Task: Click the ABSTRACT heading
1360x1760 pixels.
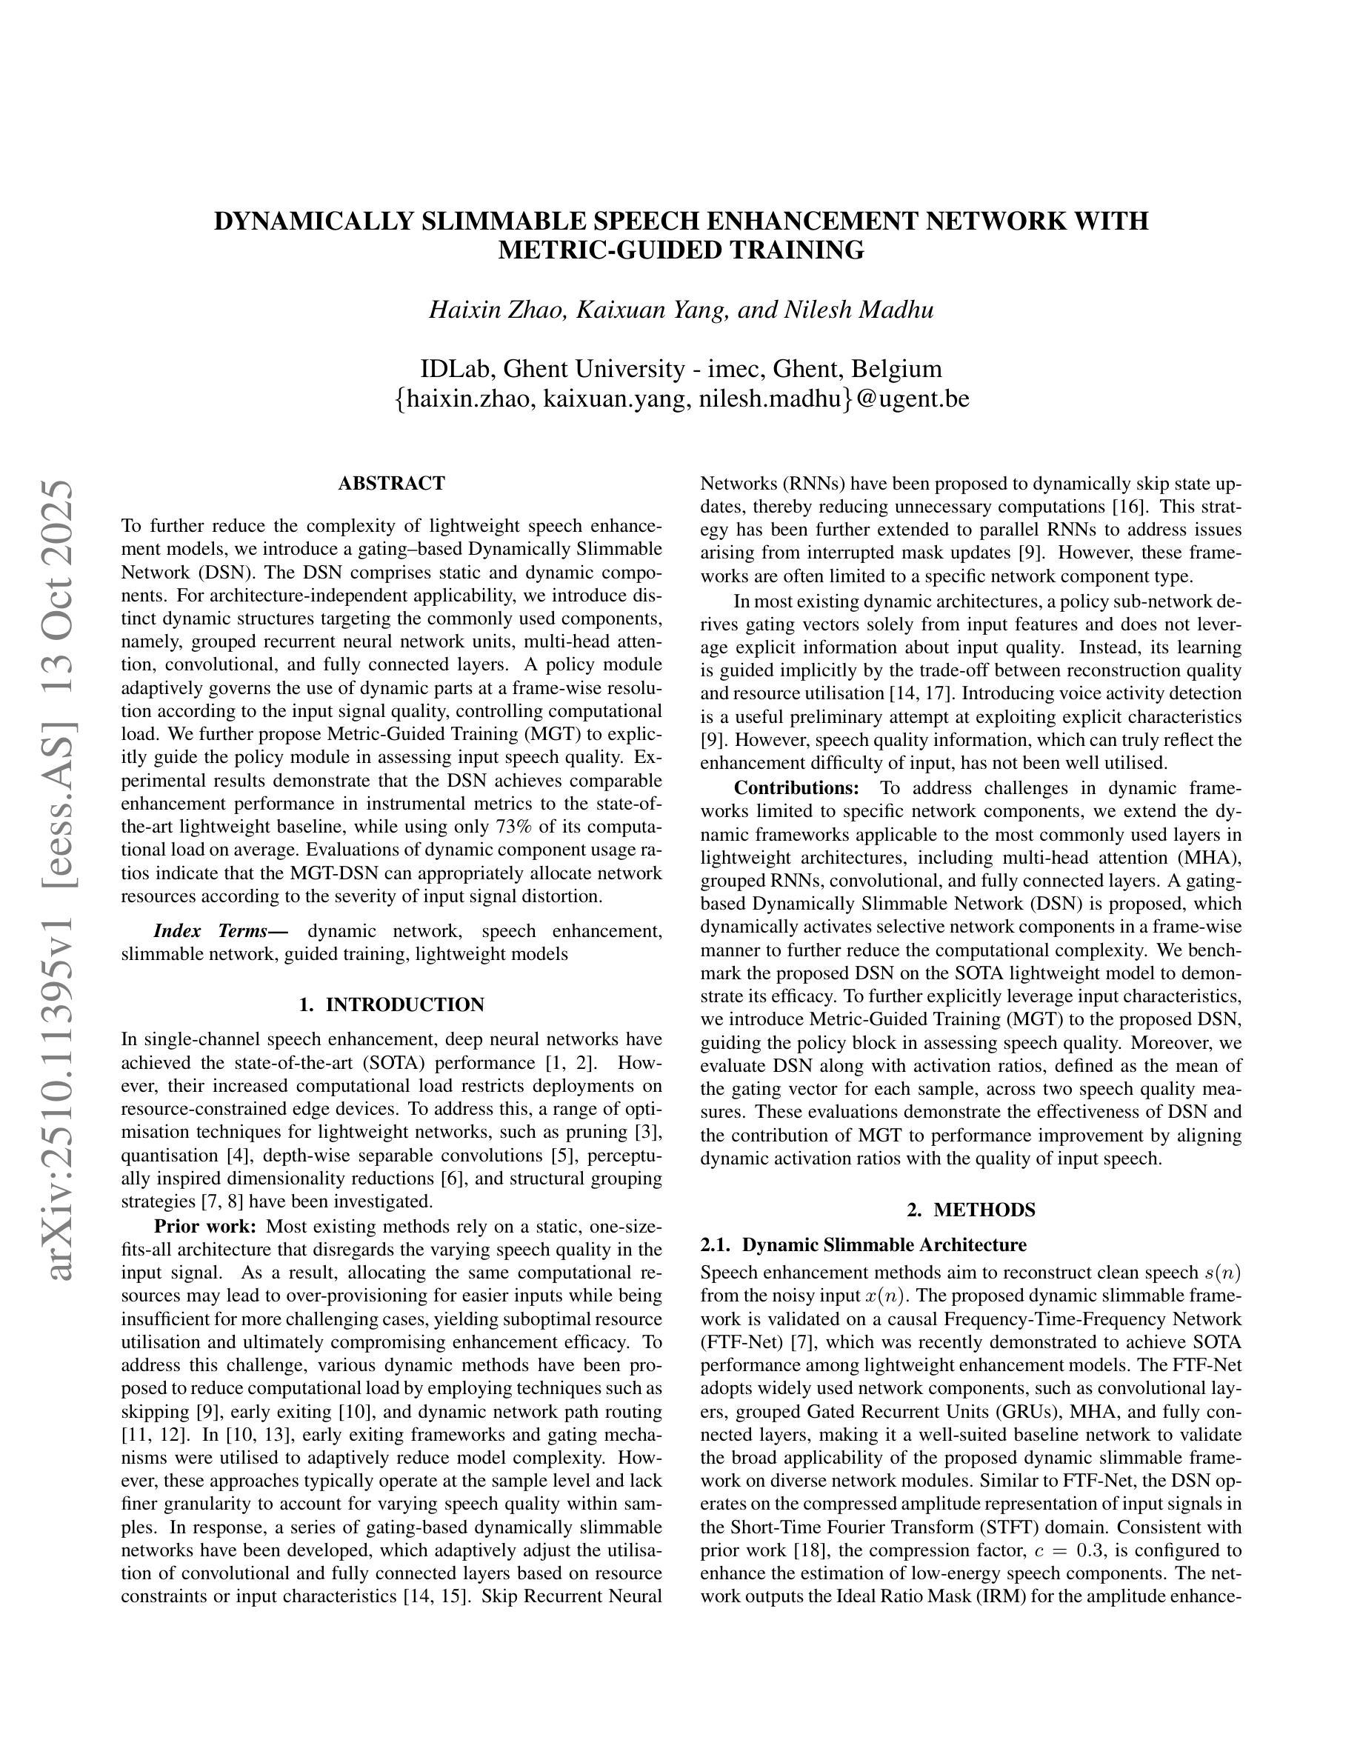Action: click(392, 484)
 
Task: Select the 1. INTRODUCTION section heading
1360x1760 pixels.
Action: click(392, 1005)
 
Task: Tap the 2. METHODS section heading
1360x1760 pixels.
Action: click(971, 1210)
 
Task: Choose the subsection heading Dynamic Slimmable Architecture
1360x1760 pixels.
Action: click(884, 1245)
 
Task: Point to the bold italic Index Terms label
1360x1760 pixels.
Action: click(211, 932)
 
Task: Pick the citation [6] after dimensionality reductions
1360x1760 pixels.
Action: click(450, 1179)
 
